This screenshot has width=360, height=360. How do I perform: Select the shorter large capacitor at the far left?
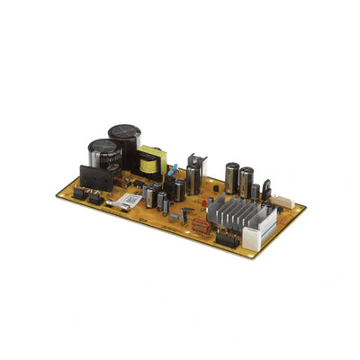pyautogui.click(x=102, y=155)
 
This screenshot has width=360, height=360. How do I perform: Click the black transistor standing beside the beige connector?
pyautogui.click(x=266, y=192)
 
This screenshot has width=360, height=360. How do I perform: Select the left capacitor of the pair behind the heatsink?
pyautogui.click(x=232, y=176)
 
